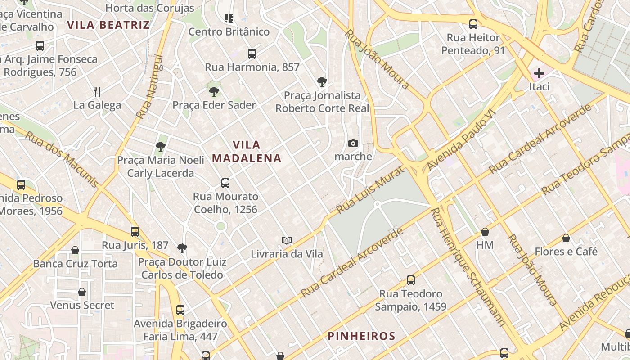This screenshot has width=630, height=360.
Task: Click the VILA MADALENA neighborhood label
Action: pos(247,152)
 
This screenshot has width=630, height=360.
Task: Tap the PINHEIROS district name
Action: pos(361,336)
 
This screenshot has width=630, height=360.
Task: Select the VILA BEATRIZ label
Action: pos(108,25)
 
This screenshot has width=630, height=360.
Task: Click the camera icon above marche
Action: pos(353,144)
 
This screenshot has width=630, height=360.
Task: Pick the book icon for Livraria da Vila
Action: pos(287,241)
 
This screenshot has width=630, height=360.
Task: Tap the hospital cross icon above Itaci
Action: pos(539,73)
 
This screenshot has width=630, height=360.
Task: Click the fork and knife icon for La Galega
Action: pos(97,92)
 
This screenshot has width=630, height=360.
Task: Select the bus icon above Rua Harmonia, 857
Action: pos(252,54)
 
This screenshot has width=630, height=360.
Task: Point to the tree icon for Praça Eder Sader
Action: pos(214,92)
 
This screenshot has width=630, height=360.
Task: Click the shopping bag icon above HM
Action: pos(485,232)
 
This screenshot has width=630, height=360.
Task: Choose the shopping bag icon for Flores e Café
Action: pos(566,238)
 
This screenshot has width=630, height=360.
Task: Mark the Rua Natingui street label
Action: pos(149,87)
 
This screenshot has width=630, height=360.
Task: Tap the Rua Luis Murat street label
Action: pos(370,189)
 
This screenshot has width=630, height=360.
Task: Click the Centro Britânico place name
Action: pos(229,32)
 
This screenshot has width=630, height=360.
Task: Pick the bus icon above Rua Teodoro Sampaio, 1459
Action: pos(410,280)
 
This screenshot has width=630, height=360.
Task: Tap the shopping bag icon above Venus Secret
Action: pos(82,292)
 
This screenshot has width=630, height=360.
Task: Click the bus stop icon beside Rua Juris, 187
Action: pos(135,232)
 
